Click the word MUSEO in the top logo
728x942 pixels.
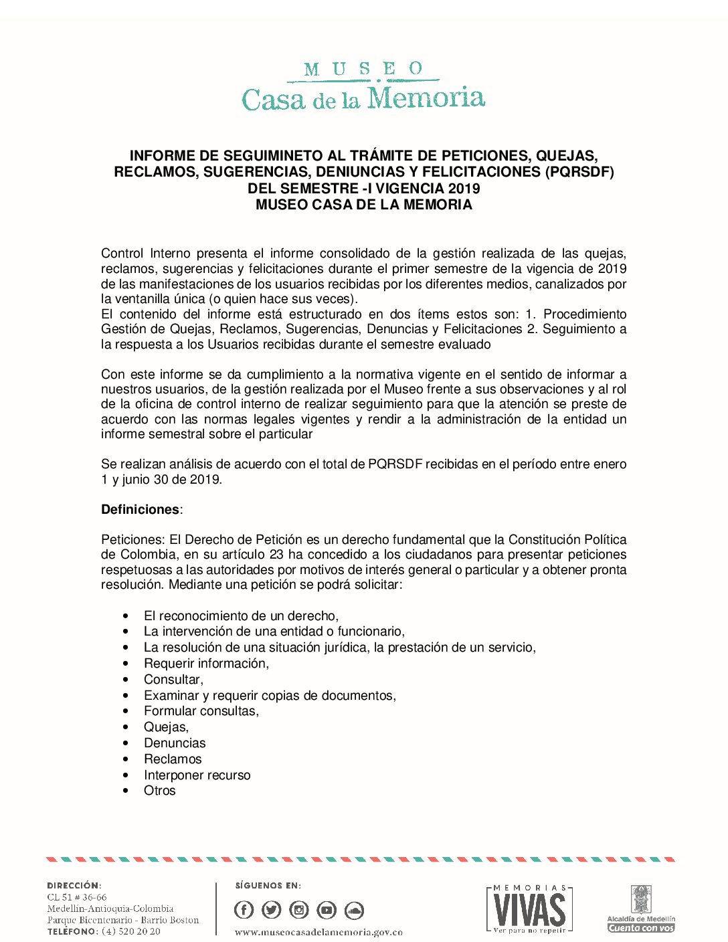tap(363, 69)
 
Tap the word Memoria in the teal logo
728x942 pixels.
tap(426, 98)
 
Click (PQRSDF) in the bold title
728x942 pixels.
tap(579, 172)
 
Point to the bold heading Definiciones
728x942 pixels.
tap(141, 510)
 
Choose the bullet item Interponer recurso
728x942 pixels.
tap(197, 775)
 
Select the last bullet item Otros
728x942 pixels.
tap(159, 791)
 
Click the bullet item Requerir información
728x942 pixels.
tap(206, 664)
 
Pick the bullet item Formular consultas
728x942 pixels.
tap(201, 711)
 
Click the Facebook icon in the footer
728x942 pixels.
tap(244, 910)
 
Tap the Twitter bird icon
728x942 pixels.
tap(272, 910)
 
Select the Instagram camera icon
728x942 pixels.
tap(299, 910)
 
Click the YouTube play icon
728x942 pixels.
tap(327, 910)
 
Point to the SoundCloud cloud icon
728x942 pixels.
tap(354, 910)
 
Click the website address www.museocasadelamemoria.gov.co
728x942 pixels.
tap(318, 932)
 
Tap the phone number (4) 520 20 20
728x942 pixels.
tap(130, 931)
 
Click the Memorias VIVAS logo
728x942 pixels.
tap(529, 909)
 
